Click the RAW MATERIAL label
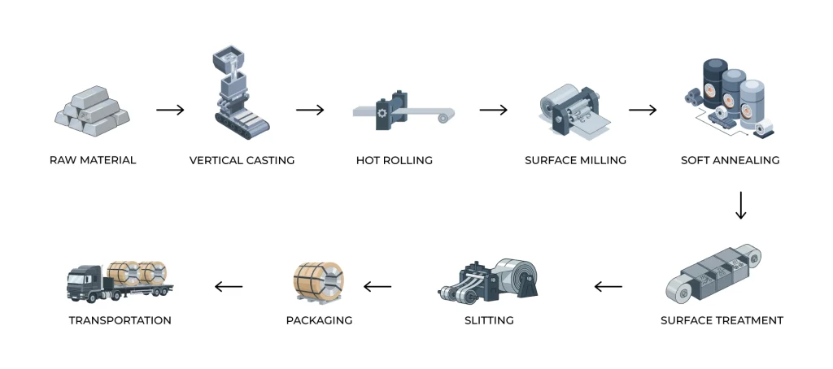(93, 160)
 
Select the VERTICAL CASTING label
(242, 160)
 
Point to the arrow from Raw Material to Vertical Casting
(170, 110)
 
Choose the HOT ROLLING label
(394, 160)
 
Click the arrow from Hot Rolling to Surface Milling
(493, 110)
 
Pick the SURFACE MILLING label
(575, 160)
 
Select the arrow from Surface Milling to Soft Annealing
(643, 110)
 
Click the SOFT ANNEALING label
(730, 160)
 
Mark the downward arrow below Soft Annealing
(740, 206)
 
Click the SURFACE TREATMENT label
(722, 320)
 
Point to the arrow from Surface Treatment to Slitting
(608, 286)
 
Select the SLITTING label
(489, 320)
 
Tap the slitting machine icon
(488, 280)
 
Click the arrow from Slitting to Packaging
(377, 286)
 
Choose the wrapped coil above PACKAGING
(318, 280)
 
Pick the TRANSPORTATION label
(120, 320)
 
